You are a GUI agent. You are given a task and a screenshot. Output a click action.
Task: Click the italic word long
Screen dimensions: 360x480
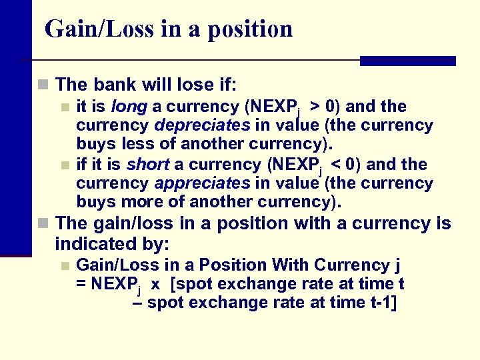click(x=129, y=107)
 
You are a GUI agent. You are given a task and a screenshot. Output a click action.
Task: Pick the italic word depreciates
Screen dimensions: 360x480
click(x=202, y=125)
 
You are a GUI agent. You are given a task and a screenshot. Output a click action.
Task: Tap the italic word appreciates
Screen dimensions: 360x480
click(x=201, y=183)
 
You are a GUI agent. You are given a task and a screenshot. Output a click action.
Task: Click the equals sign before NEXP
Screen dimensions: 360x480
click(x=81, y=285)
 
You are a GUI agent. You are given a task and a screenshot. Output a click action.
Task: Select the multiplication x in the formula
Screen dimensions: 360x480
click(x=155, y=285)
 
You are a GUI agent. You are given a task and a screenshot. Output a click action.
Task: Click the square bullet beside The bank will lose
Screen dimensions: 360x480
click(x=43, y=85)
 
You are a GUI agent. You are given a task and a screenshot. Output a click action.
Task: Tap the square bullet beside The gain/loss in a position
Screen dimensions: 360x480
click(x=43, y=223)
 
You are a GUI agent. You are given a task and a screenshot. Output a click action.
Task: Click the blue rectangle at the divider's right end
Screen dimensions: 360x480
click(x=407, y=61)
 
